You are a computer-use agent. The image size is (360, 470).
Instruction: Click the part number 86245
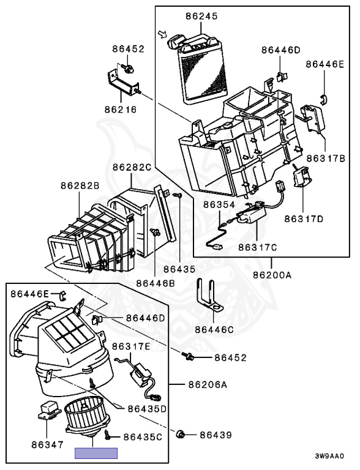pyautogui.click(x=201, y=16)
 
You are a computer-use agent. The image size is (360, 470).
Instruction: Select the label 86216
pyautogui.click(x=121, y=110)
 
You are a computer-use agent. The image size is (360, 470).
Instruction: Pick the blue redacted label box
pyautogui.click(x=96, y=453)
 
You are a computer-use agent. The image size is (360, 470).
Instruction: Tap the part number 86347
pyautogui.click(x=47, y=444)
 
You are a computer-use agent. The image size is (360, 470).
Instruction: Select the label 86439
pyautogui.click(x=216, y=435)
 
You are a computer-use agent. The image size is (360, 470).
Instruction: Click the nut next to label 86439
pyautogui.click(x=181, y=434)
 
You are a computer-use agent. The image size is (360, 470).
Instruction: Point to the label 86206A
pyautogui.click(x=208, y=384)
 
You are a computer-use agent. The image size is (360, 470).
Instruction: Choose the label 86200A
pyautogui.click(x=272, y=275)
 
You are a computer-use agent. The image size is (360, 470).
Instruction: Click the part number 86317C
pyautogui.click(x=258, y=247)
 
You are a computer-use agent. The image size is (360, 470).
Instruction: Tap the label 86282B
pyautogui.click(x=80, y=186)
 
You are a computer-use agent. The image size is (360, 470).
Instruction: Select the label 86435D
pyautogui.click(x=147, y=409)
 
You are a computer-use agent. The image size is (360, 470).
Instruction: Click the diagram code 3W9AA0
pyautogui.click(x=329, y=456)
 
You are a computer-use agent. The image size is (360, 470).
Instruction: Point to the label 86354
pyautogui.click(x=219, y=205)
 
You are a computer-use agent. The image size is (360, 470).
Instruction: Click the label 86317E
pyautogui.click(x=131, y=346)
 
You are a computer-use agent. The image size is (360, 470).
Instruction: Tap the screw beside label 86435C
pyautogui.click(x=107, y=435)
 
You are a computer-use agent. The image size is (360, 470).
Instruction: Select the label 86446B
pyautogui.click(x=156, y=283)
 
